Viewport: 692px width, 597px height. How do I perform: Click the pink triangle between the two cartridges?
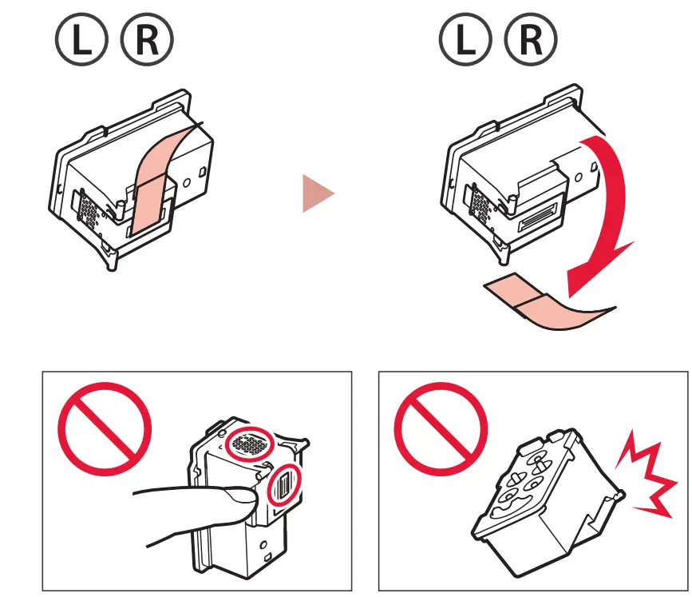[316, 194]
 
